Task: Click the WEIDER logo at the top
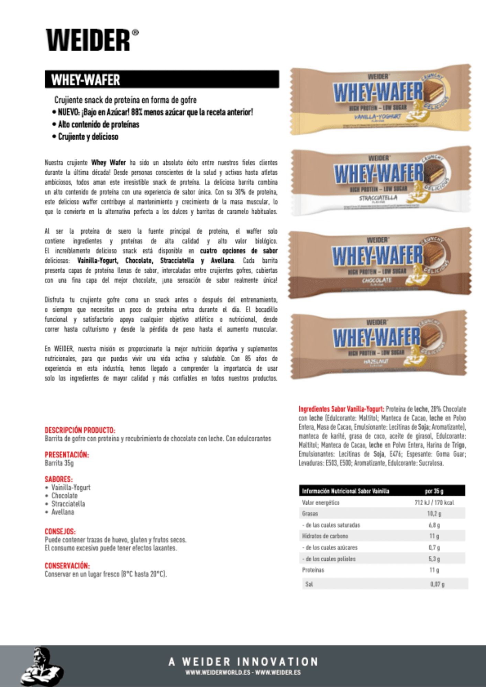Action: (92, 40)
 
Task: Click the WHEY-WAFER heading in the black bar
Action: (86, 80)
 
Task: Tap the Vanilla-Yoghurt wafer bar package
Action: (380, 99)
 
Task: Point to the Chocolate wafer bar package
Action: (380, 262)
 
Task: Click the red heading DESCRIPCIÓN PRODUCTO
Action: (80, 430)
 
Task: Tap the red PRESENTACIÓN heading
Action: (67, 455)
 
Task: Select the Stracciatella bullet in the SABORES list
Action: (68, 504)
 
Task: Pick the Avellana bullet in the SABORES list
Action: (63, 512)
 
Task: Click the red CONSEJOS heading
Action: (60, 531)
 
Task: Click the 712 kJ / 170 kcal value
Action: (434, 503)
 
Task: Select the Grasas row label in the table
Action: (310, 514)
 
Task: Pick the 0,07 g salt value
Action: (437, 584)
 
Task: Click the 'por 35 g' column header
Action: (434, 491)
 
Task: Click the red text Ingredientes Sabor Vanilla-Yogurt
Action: (341, 409)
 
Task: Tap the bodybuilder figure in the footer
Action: (42, 666)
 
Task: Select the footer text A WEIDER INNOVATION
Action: (243, 662)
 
